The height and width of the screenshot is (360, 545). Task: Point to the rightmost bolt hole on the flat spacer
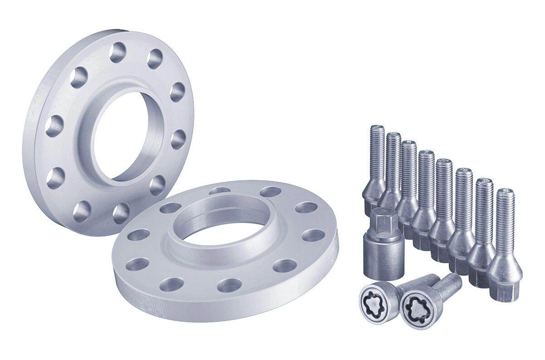pyautogui.click(x=313, y=236)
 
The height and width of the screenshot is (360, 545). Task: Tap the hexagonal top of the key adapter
pyautogui.click(x=381, y=220)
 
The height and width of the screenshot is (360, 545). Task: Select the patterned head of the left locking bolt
pyautogui.click(x=375, y=299)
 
